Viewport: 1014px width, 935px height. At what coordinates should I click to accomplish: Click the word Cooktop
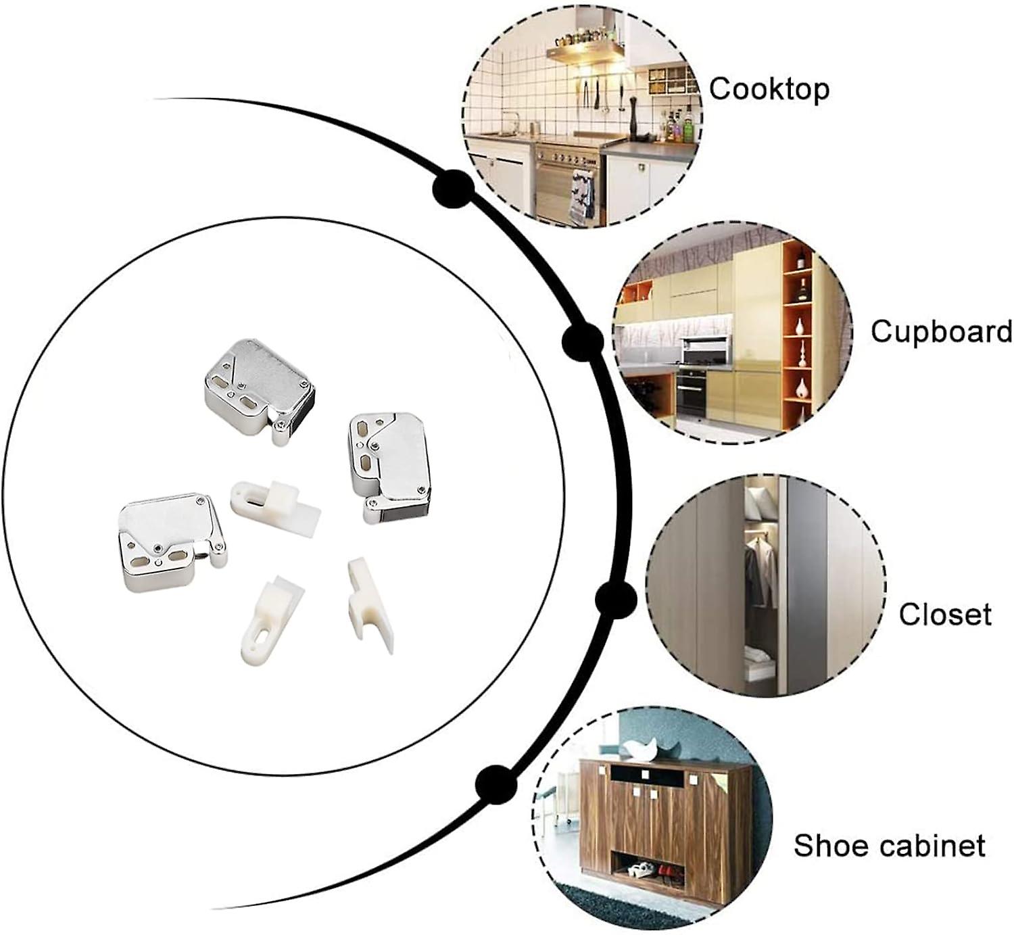tap(769, 89)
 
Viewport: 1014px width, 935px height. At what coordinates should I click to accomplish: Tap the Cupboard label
tap(940, 332)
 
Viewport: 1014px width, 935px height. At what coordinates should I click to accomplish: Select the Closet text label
tap(944, 615)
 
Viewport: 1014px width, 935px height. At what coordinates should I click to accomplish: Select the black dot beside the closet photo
tap(616, 599)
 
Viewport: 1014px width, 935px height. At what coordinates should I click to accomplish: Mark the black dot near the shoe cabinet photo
tap(496, 784)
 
